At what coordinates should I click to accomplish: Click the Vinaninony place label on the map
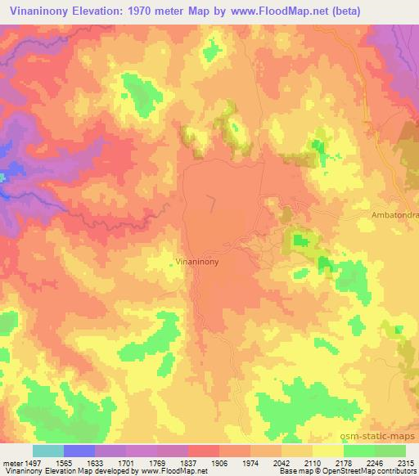pyautogui.click(x=196, y=263)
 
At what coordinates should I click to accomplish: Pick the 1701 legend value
pyautogui.click(x=126, y=462)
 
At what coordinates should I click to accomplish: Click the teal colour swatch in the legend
pyautogui.click(x=48, y=451)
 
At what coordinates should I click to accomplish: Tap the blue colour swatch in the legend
pyautogui.click(x=79, y=451)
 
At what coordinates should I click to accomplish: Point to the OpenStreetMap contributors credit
pyautogui.click(x=352, y=471)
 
